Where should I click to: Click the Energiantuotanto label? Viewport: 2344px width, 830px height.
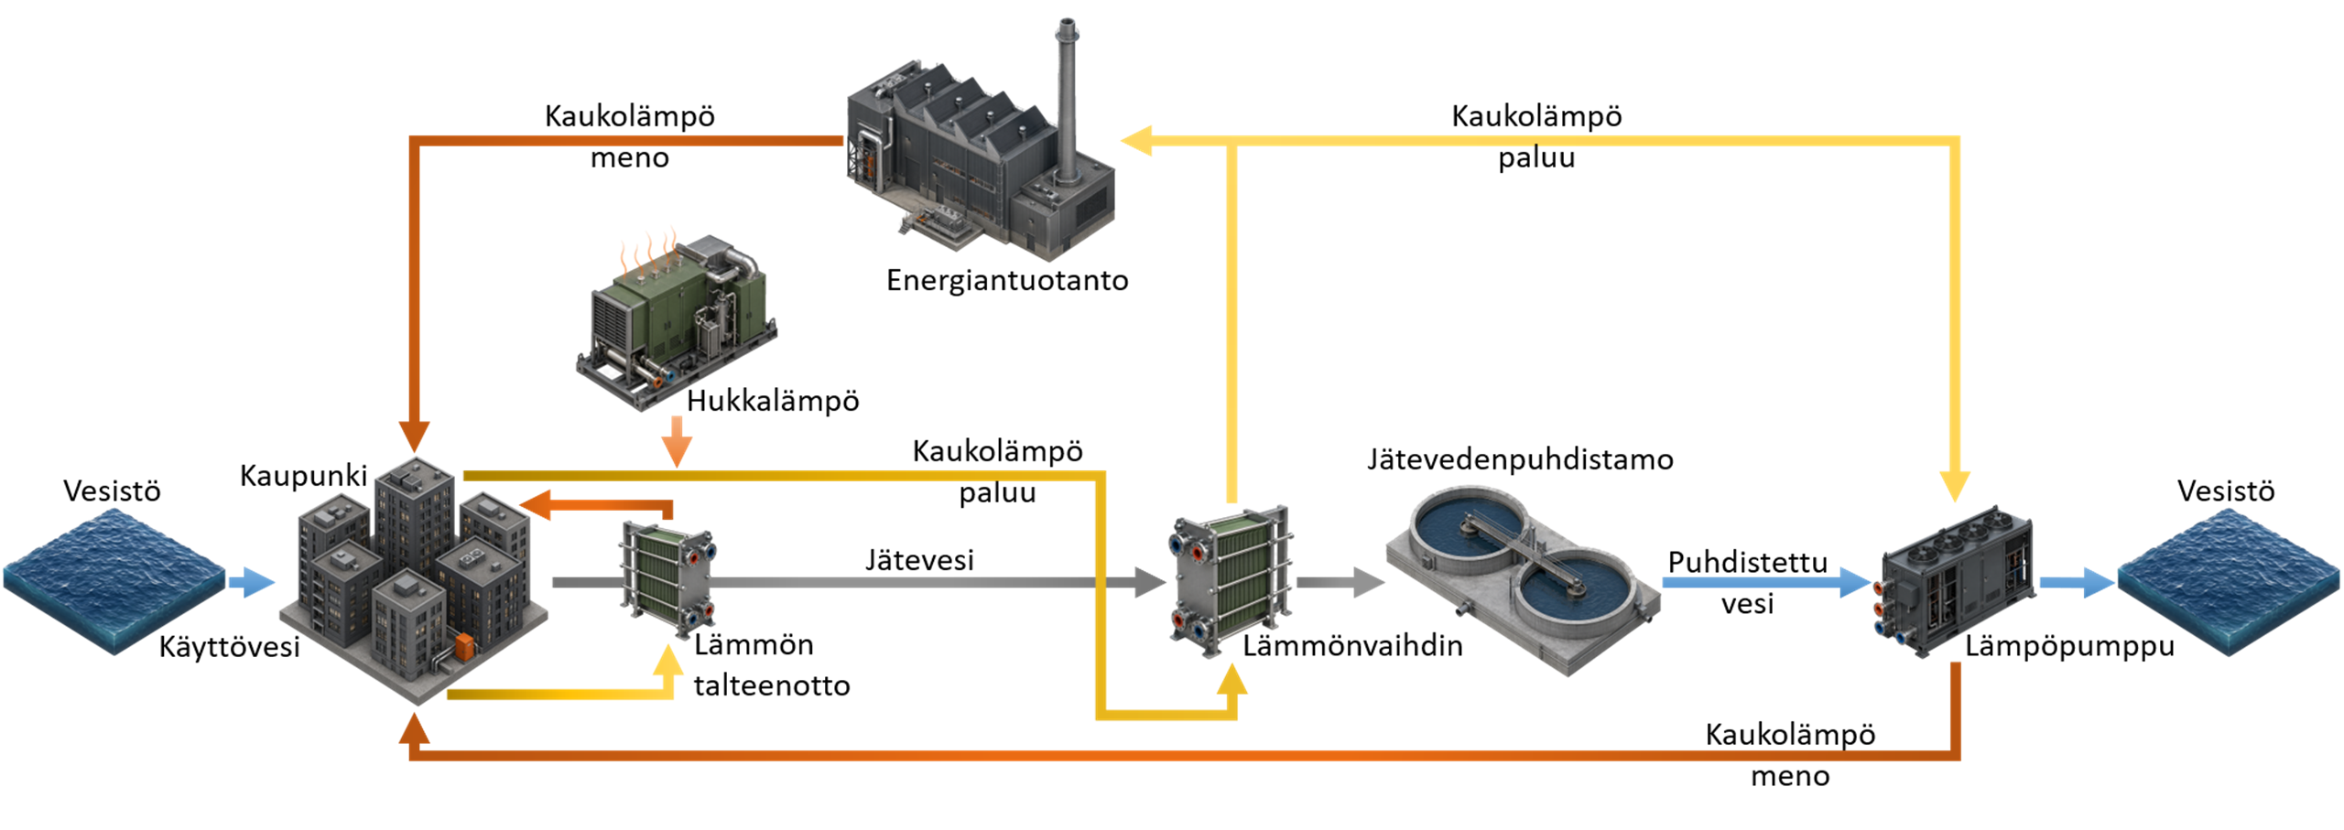[1007, 280]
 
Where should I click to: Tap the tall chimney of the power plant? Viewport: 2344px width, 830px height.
[1066, 101]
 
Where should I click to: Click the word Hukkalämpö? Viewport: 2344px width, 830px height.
[773, 401]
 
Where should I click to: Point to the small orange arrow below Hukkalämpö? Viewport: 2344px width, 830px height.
[677, 442]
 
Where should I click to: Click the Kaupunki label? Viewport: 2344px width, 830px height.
[303, 476]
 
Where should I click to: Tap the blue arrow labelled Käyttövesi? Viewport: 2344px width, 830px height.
[251, 582]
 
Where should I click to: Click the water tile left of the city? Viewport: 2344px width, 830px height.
[114, 582]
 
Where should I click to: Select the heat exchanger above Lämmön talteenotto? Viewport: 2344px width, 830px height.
[668, 578]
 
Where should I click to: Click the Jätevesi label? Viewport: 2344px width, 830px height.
[919, 560]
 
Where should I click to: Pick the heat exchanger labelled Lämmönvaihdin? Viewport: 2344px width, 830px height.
[1231, 580]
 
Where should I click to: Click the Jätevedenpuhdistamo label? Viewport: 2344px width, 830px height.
[1520, 459]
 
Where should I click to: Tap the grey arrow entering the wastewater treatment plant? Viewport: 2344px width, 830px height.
[1340, 582]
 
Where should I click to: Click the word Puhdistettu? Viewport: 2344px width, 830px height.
[1747, 562]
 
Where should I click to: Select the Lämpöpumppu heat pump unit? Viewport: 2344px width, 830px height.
[1956, 580]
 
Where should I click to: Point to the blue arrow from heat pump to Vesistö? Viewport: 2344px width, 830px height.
[2077, 582]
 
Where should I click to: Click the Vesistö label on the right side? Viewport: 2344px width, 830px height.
[2226, 491]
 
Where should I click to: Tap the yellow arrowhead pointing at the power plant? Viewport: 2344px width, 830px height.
[1136, 141]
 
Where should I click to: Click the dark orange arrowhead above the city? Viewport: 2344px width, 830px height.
[414, 436]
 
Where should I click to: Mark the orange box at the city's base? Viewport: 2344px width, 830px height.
[464, 646]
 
